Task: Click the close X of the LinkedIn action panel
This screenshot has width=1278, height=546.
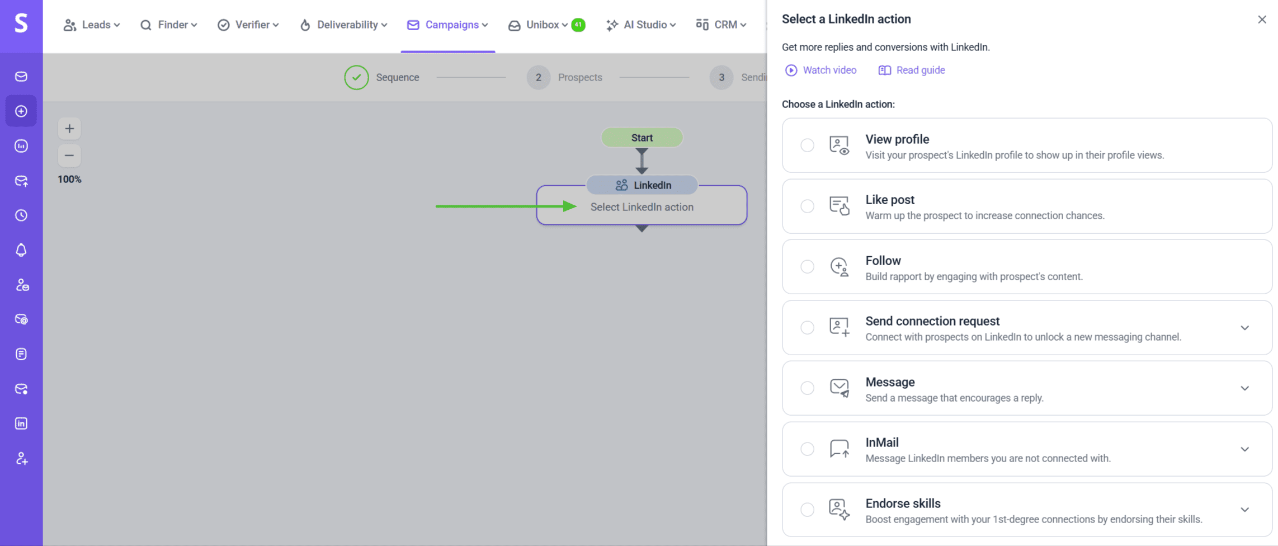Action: tap(1262, 20)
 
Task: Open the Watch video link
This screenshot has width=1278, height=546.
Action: tap(821, 70)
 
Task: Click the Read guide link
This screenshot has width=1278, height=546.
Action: tap(912, 70)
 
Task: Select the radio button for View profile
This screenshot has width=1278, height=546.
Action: tap(807, 145)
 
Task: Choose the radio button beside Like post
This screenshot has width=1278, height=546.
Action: tap(807, 206)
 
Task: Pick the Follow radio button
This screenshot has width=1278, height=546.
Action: tap(807, 267)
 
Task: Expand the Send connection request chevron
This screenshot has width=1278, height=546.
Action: tap(1244, 328)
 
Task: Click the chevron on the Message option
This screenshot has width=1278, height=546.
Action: tap(1244, 388)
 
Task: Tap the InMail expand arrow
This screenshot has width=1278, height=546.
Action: tap(1244, 449)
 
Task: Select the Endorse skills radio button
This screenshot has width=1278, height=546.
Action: tap(807, 510)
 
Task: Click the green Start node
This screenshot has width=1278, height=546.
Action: tap(642, 138)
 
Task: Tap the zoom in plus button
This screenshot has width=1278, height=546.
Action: tap(69, 129)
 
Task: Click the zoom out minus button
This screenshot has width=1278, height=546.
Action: tap(69, 156)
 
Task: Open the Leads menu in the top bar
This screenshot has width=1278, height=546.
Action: tap(92, 25)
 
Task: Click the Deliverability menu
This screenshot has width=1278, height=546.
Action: tap(343, 25)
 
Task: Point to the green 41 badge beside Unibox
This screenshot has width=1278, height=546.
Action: tap(578, 25)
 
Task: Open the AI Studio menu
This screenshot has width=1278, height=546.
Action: tap(641, 25)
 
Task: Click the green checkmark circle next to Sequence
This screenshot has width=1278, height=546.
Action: tap(356, 77)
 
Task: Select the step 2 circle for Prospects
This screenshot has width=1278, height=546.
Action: tap(538, 77)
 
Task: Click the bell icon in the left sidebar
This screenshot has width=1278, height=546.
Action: tap(21, 250)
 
